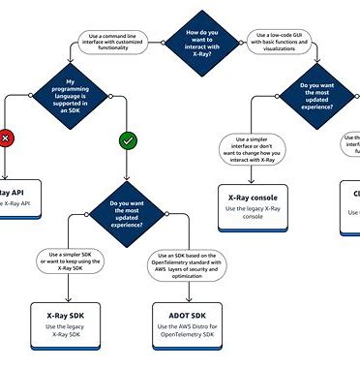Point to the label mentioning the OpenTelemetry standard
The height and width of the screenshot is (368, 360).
point(185,266)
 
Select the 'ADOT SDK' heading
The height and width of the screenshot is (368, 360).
point(185,317)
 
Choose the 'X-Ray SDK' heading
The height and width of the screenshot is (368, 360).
point(69,317)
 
